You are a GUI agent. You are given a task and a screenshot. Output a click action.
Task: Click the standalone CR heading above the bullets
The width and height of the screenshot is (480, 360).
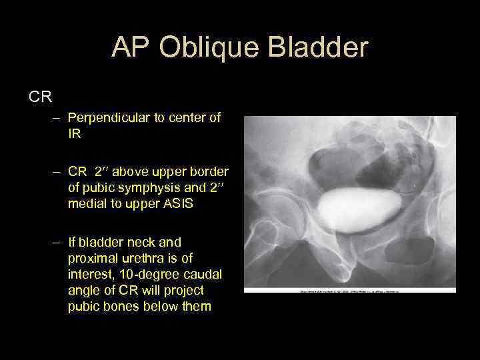click(x=40, y=97)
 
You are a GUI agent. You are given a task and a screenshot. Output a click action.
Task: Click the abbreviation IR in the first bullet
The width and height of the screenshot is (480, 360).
click(x=74, y=133)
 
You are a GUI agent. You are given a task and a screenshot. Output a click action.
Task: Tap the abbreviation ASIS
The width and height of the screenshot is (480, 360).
click(x=179, y=204)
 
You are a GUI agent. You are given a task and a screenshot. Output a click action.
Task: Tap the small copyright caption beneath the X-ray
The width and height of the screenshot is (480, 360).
click(x=350, y=291)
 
